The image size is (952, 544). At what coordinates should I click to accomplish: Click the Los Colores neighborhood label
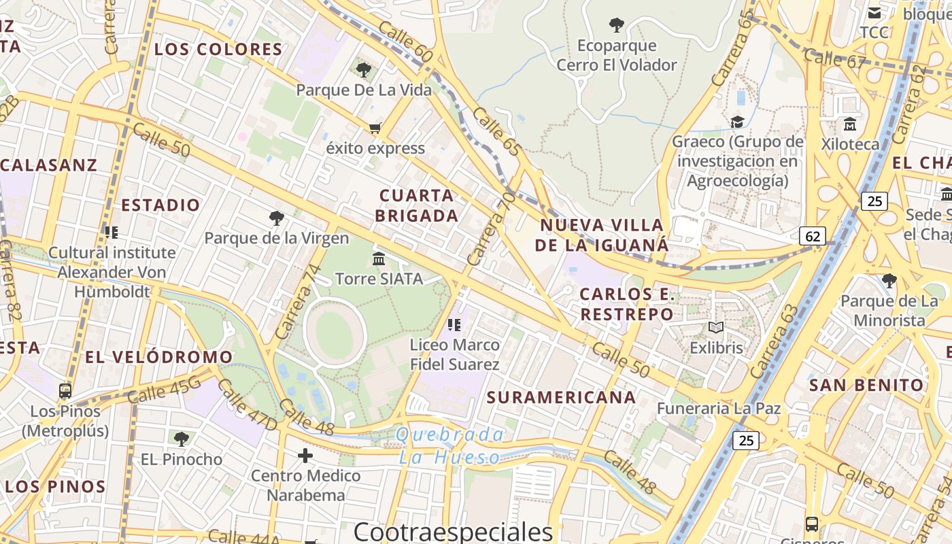tap(218, 49)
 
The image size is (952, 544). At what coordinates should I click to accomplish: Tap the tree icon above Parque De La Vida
tap(364, 69)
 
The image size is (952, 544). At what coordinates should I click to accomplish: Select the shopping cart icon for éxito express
tap(375, 128)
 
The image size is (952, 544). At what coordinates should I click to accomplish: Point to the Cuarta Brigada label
tap(418, 205)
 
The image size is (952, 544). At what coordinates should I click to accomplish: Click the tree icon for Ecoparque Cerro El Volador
tap(617, 26)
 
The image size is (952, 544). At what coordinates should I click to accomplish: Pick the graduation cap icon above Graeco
tap(737, 122)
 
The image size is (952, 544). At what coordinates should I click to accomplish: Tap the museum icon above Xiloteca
tap(849, 124)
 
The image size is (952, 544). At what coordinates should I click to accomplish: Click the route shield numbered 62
tap(813, 236)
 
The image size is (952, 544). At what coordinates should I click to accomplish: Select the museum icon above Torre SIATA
tap(379, 258)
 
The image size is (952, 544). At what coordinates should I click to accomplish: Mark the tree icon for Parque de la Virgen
tap(276, 218)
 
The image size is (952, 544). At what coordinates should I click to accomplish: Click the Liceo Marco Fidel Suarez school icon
tap(454, 325)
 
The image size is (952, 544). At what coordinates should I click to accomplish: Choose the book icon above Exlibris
tap(716, 328)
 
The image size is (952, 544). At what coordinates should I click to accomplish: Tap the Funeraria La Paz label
tap(718, 409)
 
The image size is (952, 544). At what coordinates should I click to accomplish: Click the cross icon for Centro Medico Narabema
tap(305, 455)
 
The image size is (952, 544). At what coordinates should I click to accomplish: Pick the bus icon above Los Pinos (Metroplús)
tap(65, 391)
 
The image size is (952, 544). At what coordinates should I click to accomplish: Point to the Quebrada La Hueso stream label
tap(450, 445)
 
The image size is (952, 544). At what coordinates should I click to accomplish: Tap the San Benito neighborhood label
tap(866, 385)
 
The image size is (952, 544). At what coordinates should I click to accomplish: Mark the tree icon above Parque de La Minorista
tap(889, 281)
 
